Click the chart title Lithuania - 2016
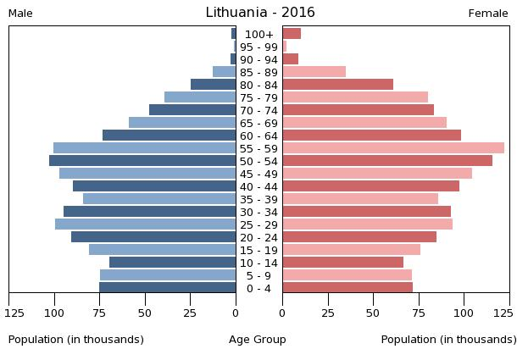tap(260, 13)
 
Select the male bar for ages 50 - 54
tap(142, 161)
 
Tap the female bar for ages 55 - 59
tap(393, 148)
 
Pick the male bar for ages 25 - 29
tap(146, 224)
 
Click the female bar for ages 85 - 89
tap(314, 72)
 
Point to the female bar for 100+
tap(292, 34)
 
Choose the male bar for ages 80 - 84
tap(214, 85)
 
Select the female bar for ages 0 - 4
tap(347, 288)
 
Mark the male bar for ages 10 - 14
tap(173, 263)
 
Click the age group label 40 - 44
tap(258, 186)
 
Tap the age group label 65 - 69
tap(258, 123)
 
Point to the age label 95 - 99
tap(258, 47)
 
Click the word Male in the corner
tap(20, 14)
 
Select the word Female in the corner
tap(488, 14)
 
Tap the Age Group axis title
tap(258, 340)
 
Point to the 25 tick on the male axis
tap(191, 313)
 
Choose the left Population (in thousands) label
tap(76, 340)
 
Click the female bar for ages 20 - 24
tap(359, 237)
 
